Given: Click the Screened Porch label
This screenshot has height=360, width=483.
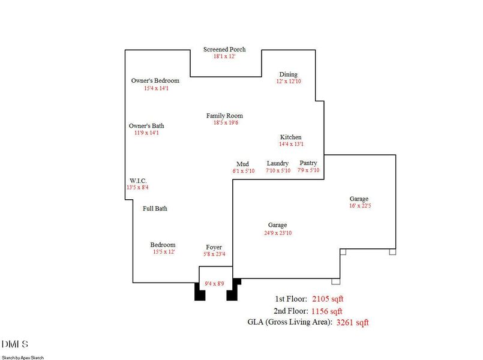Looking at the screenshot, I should tap(224, 50).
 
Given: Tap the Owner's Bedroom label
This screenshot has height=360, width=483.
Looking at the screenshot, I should tap(155, 80).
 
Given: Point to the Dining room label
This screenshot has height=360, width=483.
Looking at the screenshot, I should tap(288, 74).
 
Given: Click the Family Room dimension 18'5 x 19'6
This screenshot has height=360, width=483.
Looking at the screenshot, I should tap(224, 123).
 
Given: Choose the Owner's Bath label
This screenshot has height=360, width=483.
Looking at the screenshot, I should tap(146, 126).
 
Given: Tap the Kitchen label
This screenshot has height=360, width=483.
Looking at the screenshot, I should tap(291, 137).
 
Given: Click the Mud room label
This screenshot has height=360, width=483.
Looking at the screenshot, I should tap(243, 164).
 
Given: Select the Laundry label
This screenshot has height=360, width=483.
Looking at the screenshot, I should tap(278, 163).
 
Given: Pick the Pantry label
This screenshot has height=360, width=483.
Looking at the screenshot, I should tap(308, 163).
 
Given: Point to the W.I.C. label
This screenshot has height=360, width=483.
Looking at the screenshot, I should tap(139, 181).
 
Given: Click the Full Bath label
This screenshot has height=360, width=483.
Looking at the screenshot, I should tap(155, 209).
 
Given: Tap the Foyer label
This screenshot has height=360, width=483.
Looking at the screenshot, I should tap(214, 247).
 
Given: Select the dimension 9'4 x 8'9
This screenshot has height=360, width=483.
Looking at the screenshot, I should tap(214, 283).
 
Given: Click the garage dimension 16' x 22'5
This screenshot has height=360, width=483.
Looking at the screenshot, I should tap(359, 206).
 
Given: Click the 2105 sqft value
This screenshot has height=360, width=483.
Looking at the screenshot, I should tap(328, 299).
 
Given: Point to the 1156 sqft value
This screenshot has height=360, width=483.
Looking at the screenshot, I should tap(326, 311).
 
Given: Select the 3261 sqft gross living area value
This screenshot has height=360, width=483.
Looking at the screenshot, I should tap(352, 323).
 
